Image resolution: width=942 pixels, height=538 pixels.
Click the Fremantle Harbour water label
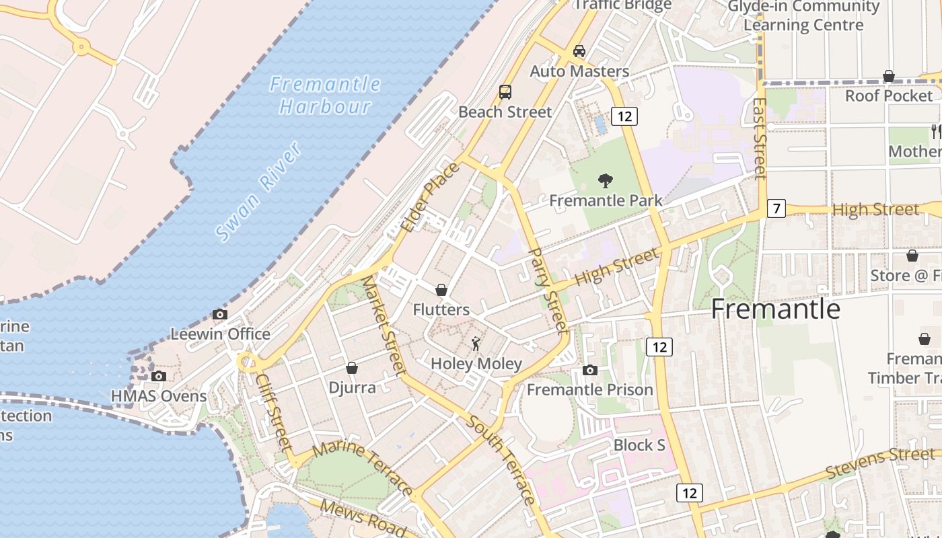point(326,95)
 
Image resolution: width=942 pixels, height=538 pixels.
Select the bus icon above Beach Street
point(505,92)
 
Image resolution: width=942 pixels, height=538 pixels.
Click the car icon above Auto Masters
point(579,51)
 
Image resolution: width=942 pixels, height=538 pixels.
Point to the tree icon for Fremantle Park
point(606,180)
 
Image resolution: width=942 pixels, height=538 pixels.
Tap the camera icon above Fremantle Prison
point(590,370)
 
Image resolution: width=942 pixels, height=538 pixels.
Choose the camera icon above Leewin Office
point(219,314)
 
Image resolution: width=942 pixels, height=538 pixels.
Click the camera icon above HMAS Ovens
point(159,376)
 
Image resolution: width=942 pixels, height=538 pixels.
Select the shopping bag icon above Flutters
point(441,290)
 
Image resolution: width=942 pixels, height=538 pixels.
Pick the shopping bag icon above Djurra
point(351,368)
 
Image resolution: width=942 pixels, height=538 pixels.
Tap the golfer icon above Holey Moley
point(476,344)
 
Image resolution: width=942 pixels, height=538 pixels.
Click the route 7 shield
point(776,208)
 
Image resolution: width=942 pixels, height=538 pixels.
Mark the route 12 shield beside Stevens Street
point(690,493)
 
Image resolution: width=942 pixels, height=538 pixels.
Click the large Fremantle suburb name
point(776,309)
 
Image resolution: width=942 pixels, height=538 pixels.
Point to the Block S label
point(639,445)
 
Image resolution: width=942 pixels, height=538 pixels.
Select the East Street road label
point(760,139)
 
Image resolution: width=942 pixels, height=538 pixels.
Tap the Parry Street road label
point(549,290)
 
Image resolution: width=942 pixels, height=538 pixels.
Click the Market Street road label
point(384,325)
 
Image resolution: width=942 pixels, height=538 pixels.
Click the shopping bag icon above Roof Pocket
point(889,76)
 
